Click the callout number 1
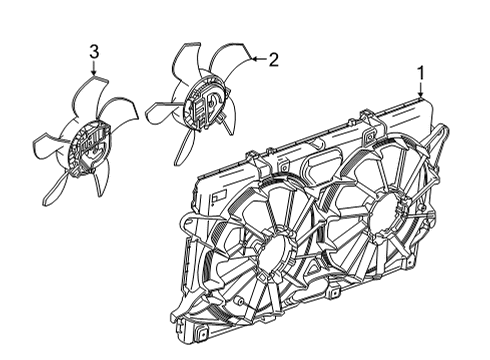tap(421, 72)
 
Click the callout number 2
tap(273, 59)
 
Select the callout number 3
tap(94, 51)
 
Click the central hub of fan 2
tap(208, 105)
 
